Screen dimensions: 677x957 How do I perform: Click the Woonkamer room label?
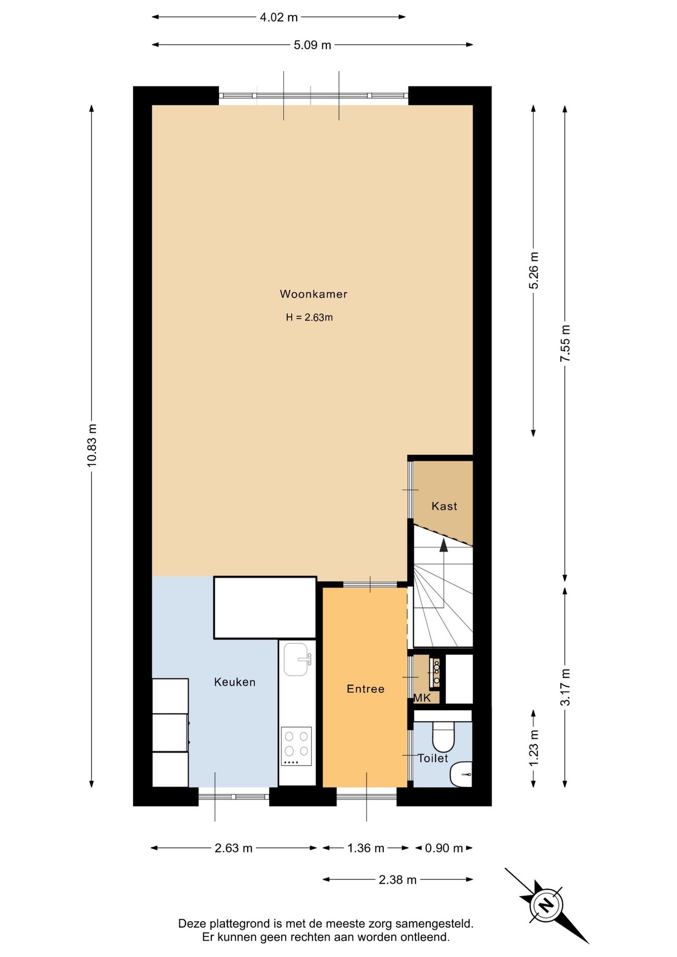tap(313, 294)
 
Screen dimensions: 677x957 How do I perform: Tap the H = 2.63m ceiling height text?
tap(309, 318)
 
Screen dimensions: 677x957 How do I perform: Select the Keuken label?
tap(235, 682)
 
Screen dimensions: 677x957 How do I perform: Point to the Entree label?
tap(365, 689)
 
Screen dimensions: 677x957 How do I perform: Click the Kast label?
tap(444, 506)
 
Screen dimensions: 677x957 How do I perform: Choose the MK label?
tap(422, 698)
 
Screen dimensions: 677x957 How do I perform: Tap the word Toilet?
tap(433, 758)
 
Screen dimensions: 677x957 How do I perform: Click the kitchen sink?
tap(297, 659)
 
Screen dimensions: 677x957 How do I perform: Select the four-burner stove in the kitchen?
tap(296, 746)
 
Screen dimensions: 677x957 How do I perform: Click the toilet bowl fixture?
tap(443, 736)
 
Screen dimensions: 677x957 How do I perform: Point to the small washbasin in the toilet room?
tap(461, 774)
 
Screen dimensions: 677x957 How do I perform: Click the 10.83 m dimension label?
tap(92, 445)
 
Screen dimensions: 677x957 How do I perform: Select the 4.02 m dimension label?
tap(279, 17)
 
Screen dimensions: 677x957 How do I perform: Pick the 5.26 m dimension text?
tap(534, 271)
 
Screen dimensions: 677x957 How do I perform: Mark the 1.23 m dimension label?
tap(534, 748)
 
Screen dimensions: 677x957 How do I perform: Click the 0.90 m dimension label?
tap(444, 848)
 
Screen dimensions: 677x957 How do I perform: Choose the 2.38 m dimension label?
tap(397, 880)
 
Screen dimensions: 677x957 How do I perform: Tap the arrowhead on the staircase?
tap(443, 545)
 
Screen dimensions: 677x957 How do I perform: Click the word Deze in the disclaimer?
tap(191, 924)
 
